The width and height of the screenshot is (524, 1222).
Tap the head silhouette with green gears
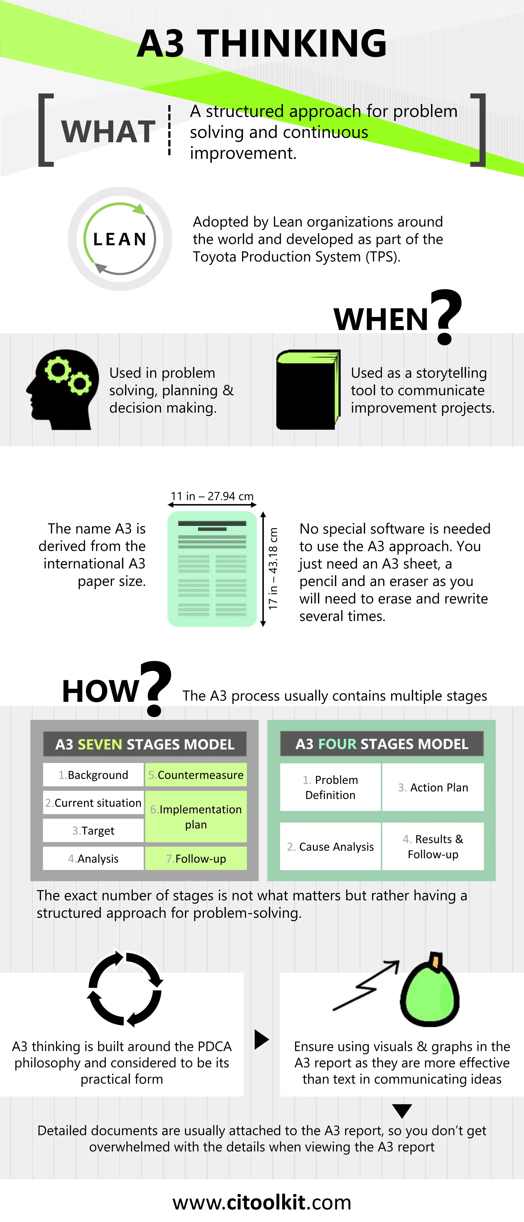[x=63, y=389]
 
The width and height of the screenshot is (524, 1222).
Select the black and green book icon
[x=308, y=389]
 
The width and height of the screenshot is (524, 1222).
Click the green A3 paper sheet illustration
[x=212, y=569]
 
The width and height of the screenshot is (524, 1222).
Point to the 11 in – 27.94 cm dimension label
[x=212, y=496]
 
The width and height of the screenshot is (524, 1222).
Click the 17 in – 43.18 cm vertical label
[x=273, y=569]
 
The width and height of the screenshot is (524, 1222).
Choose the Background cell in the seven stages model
[x=93, y=775]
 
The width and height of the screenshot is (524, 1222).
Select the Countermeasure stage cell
[x=195, y=775]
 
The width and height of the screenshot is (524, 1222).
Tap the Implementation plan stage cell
[x=195, y=816]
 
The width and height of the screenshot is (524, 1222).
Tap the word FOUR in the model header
[x=337, y=744]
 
